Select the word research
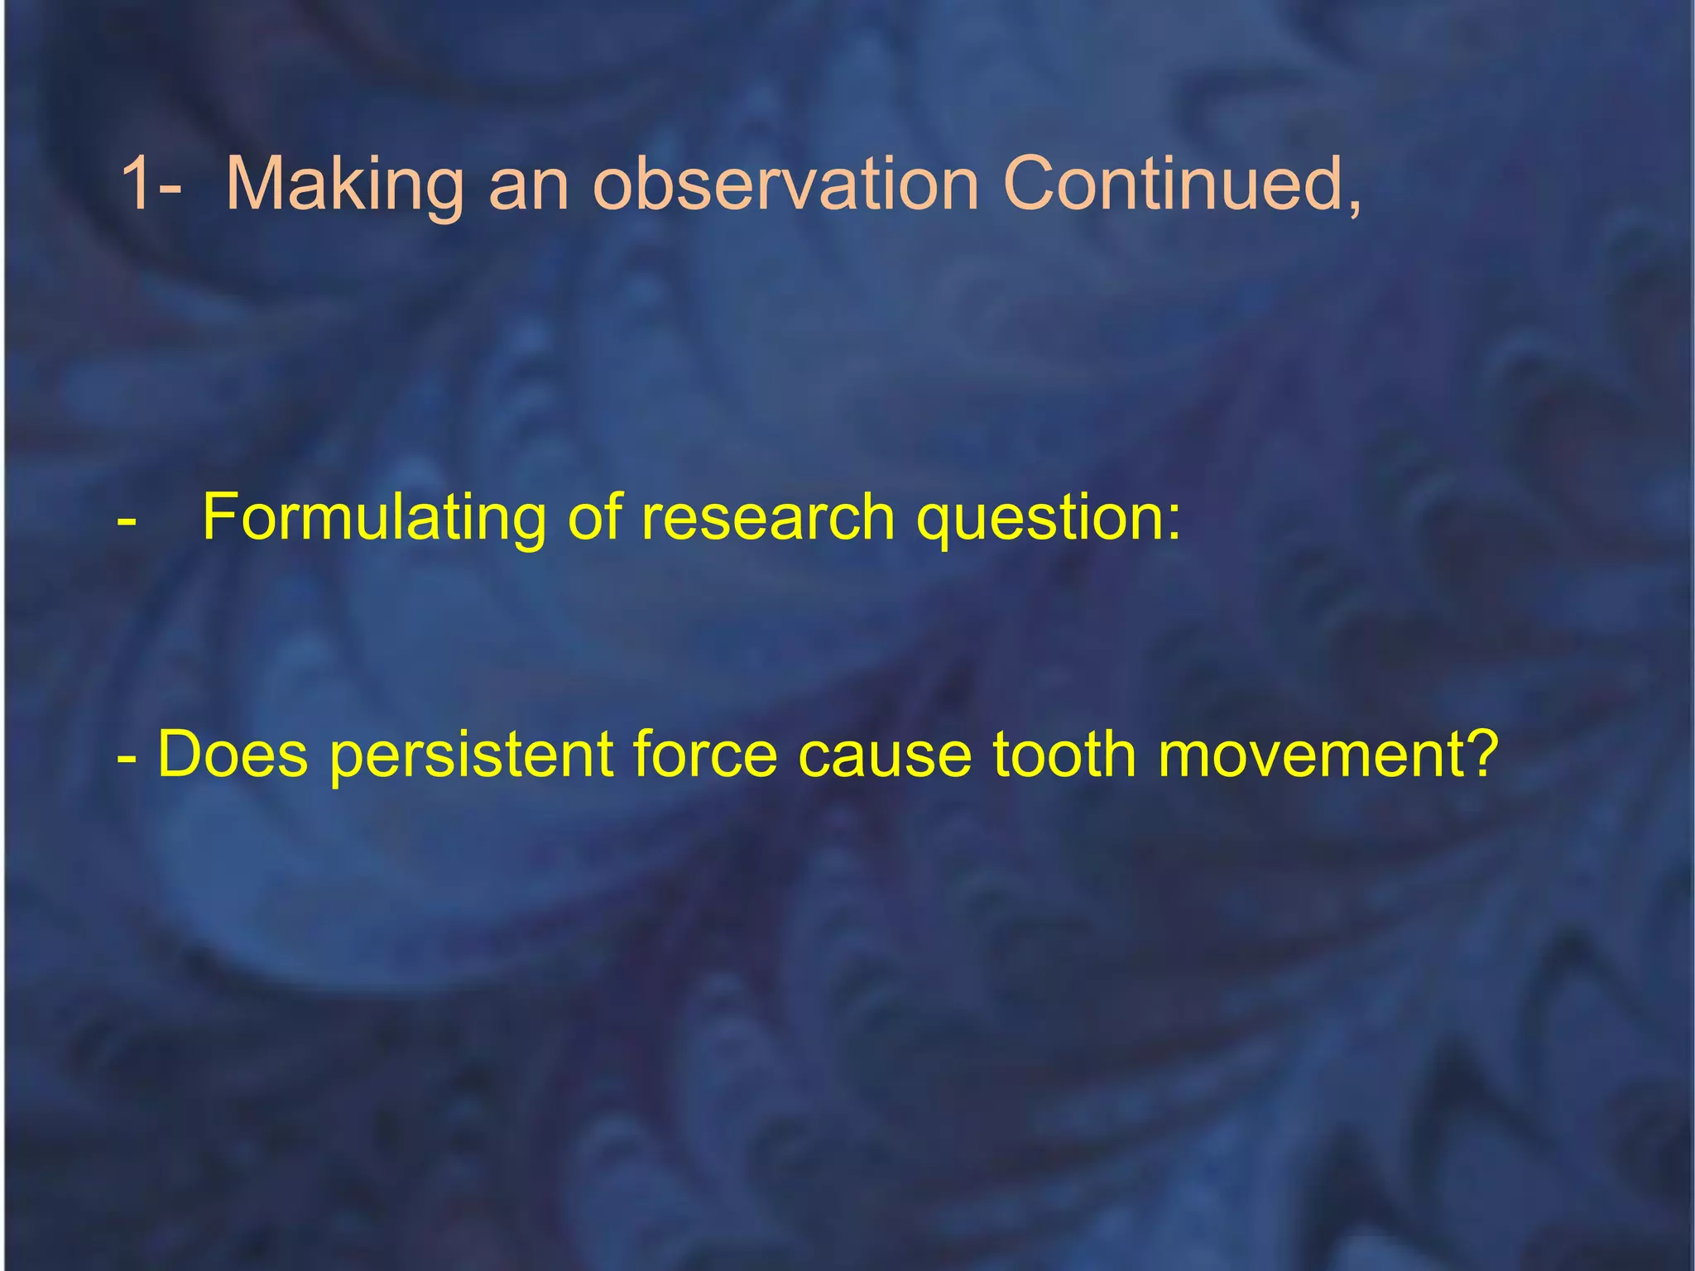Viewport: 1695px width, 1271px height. point(768,518)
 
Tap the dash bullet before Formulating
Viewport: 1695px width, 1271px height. point(127,522)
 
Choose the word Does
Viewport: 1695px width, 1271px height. point(232,755)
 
